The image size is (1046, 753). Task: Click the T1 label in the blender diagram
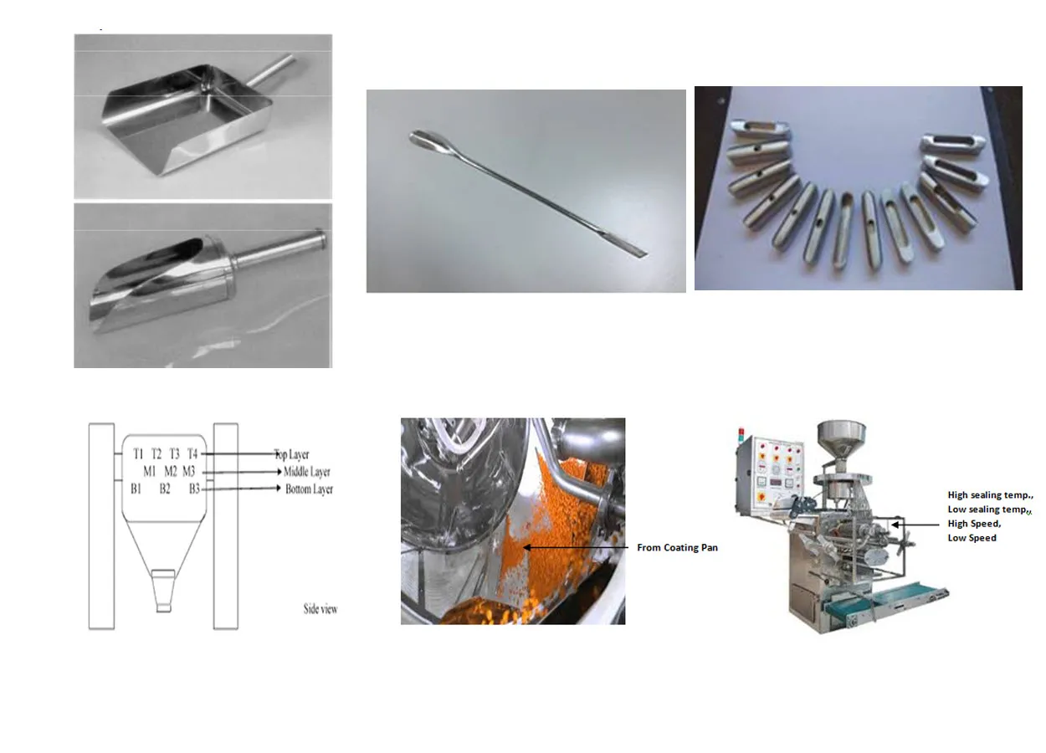138,453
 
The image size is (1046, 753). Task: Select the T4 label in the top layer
192,453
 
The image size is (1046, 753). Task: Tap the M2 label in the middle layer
171,472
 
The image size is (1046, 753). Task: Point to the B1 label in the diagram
136,489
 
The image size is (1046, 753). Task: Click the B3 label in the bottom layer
194,489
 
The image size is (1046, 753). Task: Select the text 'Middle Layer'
307,472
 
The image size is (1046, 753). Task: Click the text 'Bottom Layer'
309,489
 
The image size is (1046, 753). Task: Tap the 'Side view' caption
320,609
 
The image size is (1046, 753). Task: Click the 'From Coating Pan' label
677,547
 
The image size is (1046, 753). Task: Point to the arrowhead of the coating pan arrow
526,547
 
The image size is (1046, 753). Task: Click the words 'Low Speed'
972,538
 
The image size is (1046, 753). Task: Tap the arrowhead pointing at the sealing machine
895,525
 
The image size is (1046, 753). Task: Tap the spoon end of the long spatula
424,139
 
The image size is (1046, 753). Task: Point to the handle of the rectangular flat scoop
270,70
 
